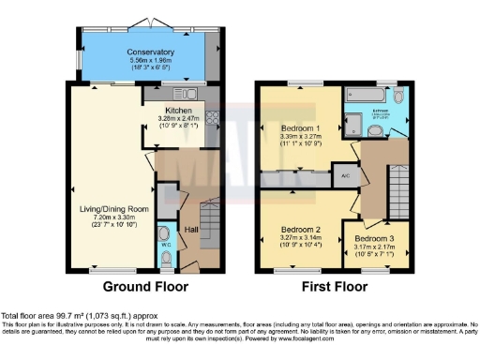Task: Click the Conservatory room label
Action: coord(127,52)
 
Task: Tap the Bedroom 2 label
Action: coord(299,228)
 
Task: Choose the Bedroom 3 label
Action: coord(373,238)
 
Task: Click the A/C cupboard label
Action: coord(345,174)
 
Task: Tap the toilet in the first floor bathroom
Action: coord(399,97)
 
